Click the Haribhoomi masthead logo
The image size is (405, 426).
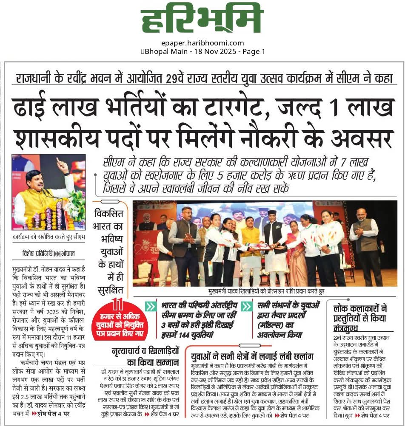(202, 20)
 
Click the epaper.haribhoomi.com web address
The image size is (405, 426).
(202, 43)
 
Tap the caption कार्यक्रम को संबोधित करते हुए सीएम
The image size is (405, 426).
(49, 237)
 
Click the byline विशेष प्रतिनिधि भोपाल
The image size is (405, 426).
(48, 254)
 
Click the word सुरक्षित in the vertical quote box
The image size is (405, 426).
(110, 290)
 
